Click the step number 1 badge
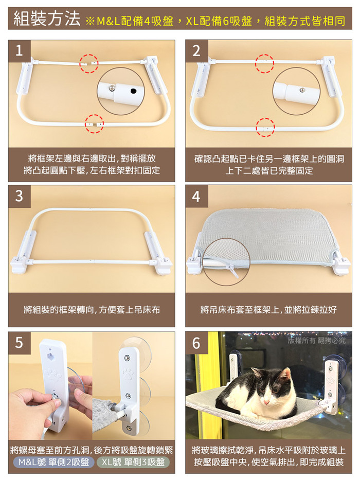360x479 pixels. point(19,51)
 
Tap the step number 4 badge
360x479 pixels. point(196,196)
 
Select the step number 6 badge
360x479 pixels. point(196,343)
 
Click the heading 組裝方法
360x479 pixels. point(47,19)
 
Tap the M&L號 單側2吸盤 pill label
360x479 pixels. point(53,462)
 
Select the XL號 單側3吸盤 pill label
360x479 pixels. point(133,462)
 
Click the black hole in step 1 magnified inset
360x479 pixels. point(133,91)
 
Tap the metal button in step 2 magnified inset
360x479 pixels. point(302,90)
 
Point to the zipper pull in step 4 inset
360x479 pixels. point(232,271)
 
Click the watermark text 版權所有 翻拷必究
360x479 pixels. point(317,340)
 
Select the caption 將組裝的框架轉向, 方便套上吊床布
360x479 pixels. point(92,310)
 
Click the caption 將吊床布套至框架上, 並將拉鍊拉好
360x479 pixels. point(268,310)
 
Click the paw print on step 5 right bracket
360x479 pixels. point(128,374)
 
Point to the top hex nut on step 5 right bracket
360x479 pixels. point(127,358)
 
